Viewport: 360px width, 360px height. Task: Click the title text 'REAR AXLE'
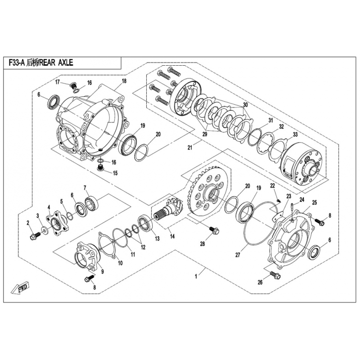(x=56, y=63)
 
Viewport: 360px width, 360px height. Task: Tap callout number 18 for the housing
(x=124, y=81)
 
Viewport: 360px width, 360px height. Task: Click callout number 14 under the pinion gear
(x=172, y=236)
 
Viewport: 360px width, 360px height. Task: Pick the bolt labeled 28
(x=214, y=230)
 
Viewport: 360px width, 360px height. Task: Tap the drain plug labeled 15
(x=100, y=167)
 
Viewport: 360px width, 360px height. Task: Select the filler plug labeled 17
(x=73, y=86)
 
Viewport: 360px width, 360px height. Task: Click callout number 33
(x=295, y=134)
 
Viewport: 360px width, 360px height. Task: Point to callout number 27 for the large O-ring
(x=238, y=255)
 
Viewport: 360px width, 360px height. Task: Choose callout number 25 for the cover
(x=314, y=202)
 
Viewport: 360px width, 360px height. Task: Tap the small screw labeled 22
(x=279, y=200)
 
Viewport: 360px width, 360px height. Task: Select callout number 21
(x=189, y=148)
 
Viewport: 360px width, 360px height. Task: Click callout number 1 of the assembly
(x=196, y=277)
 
